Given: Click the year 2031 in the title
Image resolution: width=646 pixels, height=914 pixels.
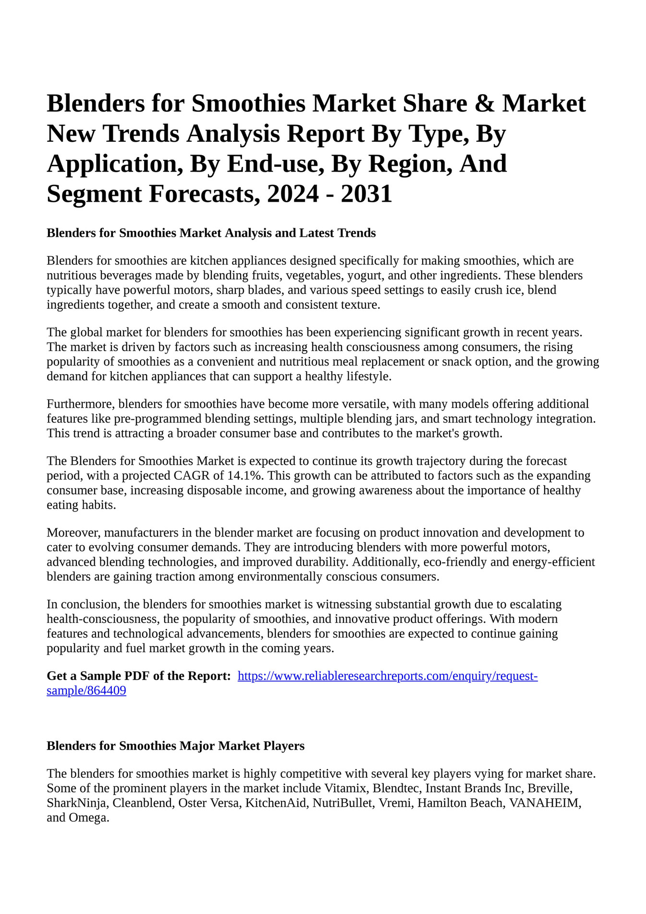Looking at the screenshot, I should pyautogui.click(x=366, y=194).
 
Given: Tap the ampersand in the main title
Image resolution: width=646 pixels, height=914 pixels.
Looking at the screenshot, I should pyautogui.click(x=484, y=103).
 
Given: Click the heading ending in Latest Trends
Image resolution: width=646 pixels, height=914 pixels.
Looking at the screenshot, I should pyautogui.click(x=211, y=233).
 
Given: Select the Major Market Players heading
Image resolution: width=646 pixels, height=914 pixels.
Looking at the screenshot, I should pyautogui.click(x=175, y=746).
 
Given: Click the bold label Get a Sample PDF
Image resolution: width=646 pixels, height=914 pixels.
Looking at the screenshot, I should pyautogui.click(x=139, y=676).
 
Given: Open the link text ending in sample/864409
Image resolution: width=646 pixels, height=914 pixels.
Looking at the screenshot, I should pyautogui.click(x=86, y=691).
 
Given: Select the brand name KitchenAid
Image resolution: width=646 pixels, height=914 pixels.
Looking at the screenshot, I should pyautogui.click(x=276, y=803).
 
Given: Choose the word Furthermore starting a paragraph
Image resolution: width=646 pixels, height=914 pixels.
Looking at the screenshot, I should pyautogui.click(x=80, y=404).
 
